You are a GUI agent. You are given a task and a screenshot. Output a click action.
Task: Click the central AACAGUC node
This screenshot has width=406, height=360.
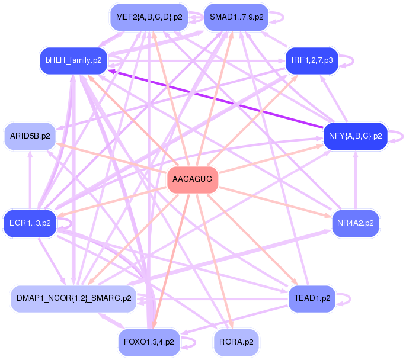193,179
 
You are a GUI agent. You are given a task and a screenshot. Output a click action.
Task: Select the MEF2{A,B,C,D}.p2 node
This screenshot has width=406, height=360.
149,17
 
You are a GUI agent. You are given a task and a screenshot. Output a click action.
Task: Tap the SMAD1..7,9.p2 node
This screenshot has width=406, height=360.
236,17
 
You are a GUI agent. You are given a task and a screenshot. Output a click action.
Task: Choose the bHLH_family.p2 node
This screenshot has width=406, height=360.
73,60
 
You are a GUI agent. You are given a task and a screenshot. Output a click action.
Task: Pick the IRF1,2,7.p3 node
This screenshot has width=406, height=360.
312,60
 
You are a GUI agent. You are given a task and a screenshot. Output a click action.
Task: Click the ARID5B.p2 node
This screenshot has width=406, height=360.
30,136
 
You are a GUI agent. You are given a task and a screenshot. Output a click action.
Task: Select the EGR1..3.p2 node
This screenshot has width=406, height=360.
30,223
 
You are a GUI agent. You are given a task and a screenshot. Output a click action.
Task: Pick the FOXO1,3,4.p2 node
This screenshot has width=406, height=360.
149,342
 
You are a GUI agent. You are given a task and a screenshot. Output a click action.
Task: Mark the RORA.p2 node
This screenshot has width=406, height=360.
236,342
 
